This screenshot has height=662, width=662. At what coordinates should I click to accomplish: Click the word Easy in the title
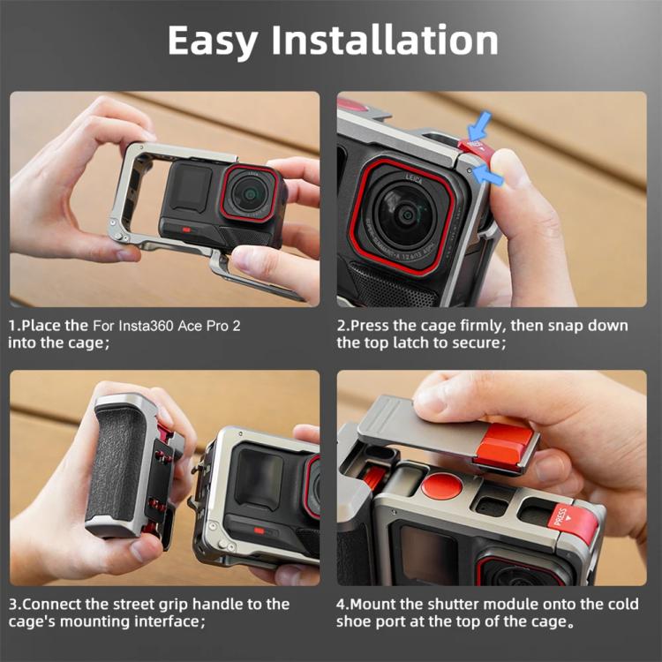click(x=221, y=41)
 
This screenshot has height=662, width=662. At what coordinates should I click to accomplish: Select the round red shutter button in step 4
click(x=440, y=485)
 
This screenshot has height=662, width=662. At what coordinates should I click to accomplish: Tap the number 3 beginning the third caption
click(x=12, y=605)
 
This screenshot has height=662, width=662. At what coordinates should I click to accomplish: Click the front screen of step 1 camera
click(x=190, y=188)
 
